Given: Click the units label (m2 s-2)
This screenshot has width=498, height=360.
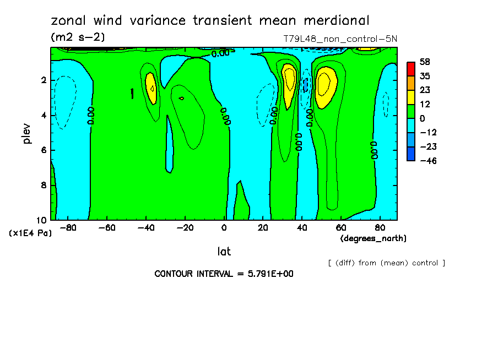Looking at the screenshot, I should click(x=78, y=37).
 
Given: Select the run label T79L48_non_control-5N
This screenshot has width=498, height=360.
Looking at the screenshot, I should click(x=340, y=39).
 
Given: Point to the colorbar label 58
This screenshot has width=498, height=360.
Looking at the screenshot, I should click(x=424, y=62).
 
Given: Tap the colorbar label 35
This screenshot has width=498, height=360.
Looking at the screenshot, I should click(x=424, y=76).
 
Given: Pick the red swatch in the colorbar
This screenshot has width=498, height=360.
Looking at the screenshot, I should click(x=410, y=69).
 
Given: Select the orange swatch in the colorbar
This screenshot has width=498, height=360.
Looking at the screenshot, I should click(x=410, y=83).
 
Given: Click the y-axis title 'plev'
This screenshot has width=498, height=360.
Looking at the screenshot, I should click(x=26, y=133).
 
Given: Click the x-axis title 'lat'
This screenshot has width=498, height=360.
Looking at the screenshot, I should click(x=224, y=252).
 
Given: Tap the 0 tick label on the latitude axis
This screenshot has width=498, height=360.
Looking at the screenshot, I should click(x=224, y=228).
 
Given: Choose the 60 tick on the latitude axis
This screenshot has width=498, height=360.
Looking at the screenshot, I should click(x=342, y=228).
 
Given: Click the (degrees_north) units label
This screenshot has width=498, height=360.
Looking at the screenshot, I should click(x=373, y=238).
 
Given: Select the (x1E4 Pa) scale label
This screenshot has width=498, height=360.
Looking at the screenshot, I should click(x=30, y=233).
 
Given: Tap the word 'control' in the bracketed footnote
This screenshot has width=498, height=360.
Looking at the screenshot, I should click(x=424, y=263).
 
